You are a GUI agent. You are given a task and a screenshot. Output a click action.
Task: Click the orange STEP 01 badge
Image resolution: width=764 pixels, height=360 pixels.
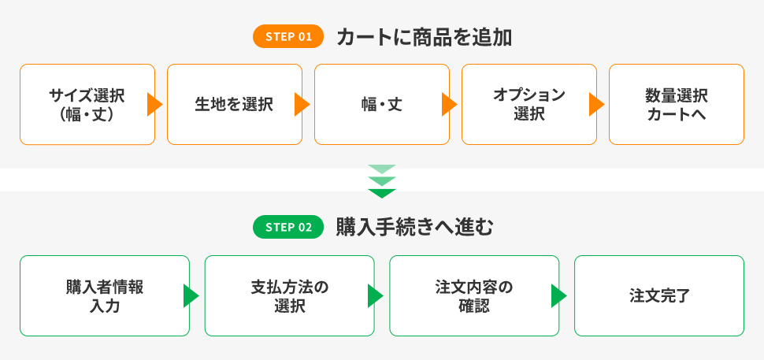[x=288, y=36]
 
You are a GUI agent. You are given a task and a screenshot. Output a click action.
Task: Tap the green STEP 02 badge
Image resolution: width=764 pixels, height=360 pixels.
[x=288, y=227]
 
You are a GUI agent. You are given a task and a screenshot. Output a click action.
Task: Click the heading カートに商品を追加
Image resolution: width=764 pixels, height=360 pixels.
[x=424, y=37]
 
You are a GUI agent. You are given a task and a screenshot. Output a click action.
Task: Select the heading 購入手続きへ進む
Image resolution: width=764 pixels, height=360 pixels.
[x=414, y=228]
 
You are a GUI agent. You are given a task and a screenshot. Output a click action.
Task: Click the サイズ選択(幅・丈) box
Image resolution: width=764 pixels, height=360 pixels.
[x=87, y=104]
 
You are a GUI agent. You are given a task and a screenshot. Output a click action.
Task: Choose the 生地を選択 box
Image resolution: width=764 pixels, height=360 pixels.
[x=235, y=104]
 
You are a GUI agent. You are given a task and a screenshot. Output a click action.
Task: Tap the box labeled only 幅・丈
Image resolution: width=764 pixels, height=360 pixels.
[x=381, y=104]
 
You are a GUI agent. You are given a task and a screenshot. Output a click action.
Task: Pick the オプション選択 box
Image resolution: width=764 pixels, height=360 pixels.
[x=529, y=104]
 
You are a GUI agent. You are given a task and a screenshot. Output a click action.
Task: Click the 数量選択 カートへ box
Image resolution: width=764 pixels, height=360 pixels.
[x=677, y=104]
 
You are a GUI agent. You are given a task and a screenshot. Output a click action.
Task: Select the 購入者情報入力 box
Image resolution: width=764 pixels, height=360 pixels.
[x=104, y=295]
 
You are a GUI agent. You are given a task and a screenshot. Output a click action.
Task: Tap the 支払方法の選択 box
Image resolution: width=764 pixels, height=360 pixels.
[x=289, y=295]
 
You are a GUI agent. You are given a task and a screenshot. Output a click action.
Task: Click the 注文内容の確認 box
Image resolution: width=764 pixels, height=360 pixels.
[x=474, y=295]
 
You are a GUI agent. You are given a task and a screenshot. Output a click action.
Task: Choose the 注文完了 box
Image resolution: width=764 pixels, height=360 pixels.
[x=659, y=295]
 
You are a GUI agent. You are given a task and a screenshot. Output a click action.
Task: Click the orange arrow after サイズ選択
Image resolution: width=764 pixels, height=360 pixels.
[x=154, y=104]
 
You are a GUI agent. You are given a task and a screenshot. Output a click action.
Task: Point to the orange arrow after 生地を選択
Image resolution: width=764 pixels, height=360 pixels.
[x=302, y=104]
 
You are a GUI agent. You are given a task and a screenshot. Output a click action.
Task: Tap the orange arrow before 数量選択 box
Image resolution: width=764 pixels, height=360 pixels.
[x=596, y=104]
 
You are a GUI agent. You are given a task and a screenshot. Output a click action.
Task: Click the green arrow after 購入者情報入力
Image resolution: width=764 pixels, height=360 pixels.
[x=191, y=295]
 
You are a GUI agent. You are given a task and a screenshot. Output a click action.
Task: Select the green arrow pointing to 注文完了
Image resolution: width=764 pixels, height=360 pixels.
[x=558, y=295]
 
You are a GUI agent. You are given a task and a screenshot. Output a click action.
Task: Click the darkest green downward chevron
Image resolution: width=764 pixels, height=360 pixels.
[x=382, y=193]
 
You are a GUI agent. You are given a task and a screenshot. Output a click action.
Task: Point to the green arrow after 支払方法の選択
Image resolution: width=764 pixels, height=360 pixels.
[x=375, y=295]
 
